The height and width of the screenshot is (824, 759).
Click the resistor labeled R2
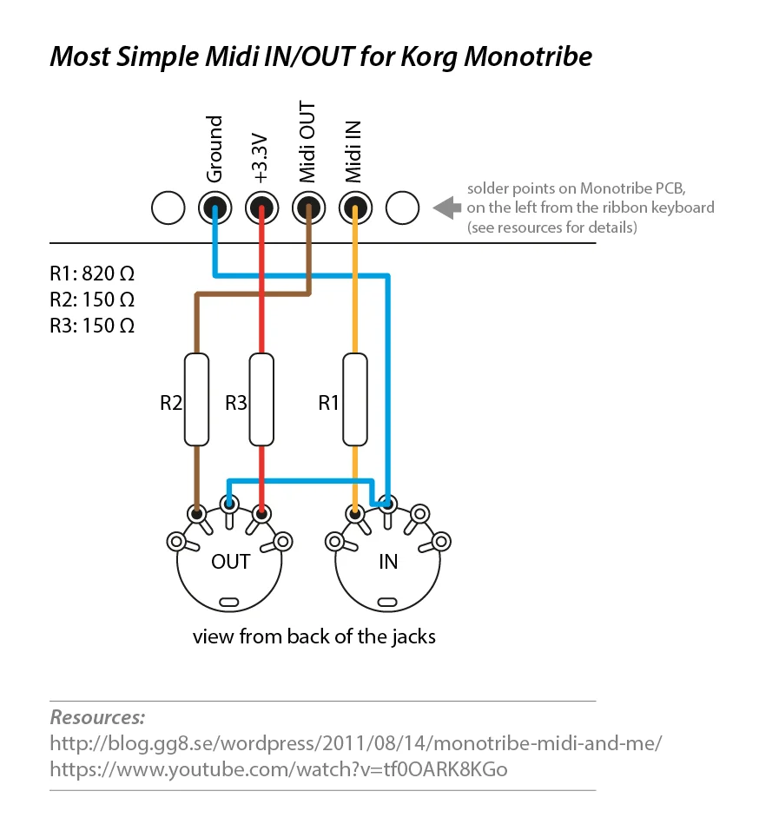click(x=197, y=399)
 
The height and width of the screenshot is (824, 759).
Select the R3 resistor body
click(x=261, y=399)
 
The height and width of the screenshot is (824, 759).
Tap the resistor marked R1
click(x=353, y=399)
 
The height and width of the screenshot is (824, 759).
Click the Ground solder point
click(x=214, y=208)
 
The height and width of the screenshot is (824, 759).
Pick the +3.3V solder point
click(x=261, y=208)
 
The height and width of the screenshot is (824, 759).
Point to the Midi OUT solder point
click(x=308, y=208)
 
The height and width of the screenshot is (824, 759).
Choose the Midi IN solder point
click(x=354, y=208)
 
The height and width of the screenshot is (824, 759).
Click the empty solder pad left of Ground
click(x=168, y=208)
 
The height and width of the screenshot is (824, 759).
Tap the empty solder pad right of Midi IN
click(x=402, y=208)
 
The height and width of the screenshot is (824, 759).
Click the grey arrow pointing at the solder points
click(x=445, y=208)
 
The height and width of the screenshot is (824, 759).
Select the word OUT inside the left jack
click(x=230, y=562)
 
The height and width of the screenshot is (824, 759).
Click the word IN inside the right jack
click(x=388, y=562)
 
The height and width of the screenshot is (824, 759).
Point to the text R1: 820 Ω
click(x=92, y=274)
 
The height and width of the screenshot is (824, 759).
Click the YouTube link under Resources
click(x=278, y=769)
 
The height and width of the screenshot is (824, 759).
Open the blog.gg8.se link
click(x=356, y=744)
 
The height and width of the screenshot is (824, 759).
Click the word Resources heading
click(x=97, y=718)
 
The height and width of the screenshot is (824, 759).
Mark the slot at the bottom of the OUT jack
click(x=230, y=601)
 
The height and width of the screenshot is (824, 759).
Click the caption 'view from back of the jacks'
click(x=314, y=636)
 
